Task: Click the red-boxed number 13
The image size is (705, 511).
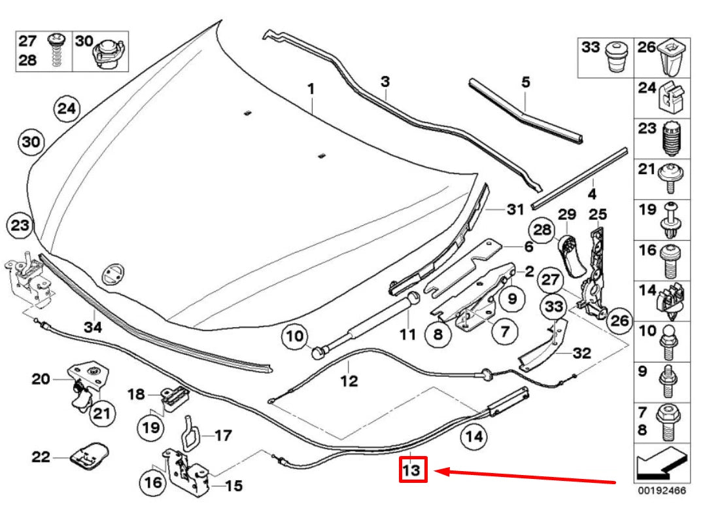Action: tap(413, 470)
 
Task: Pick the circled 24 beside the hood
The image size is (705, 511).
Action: tap(66, 109)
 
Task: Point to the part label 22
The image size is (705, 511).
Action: tap(41, 457)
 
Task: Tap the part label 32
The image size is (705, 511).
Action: tap(581, 353)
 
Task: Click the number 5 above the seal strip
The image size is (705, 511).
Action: tap(526, 82)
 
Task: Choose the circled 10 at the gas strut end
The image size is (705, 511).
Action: tap(296, 338)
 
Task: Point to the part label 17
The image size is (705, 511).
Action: tap(223, 434)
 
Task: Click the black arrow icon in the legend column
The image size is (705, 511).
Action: tap(661, 465)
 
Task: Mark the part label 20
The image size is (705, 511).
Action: tap(41, 378)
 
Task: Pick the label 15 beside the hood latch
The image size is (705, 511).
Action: tap(234, 485)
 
